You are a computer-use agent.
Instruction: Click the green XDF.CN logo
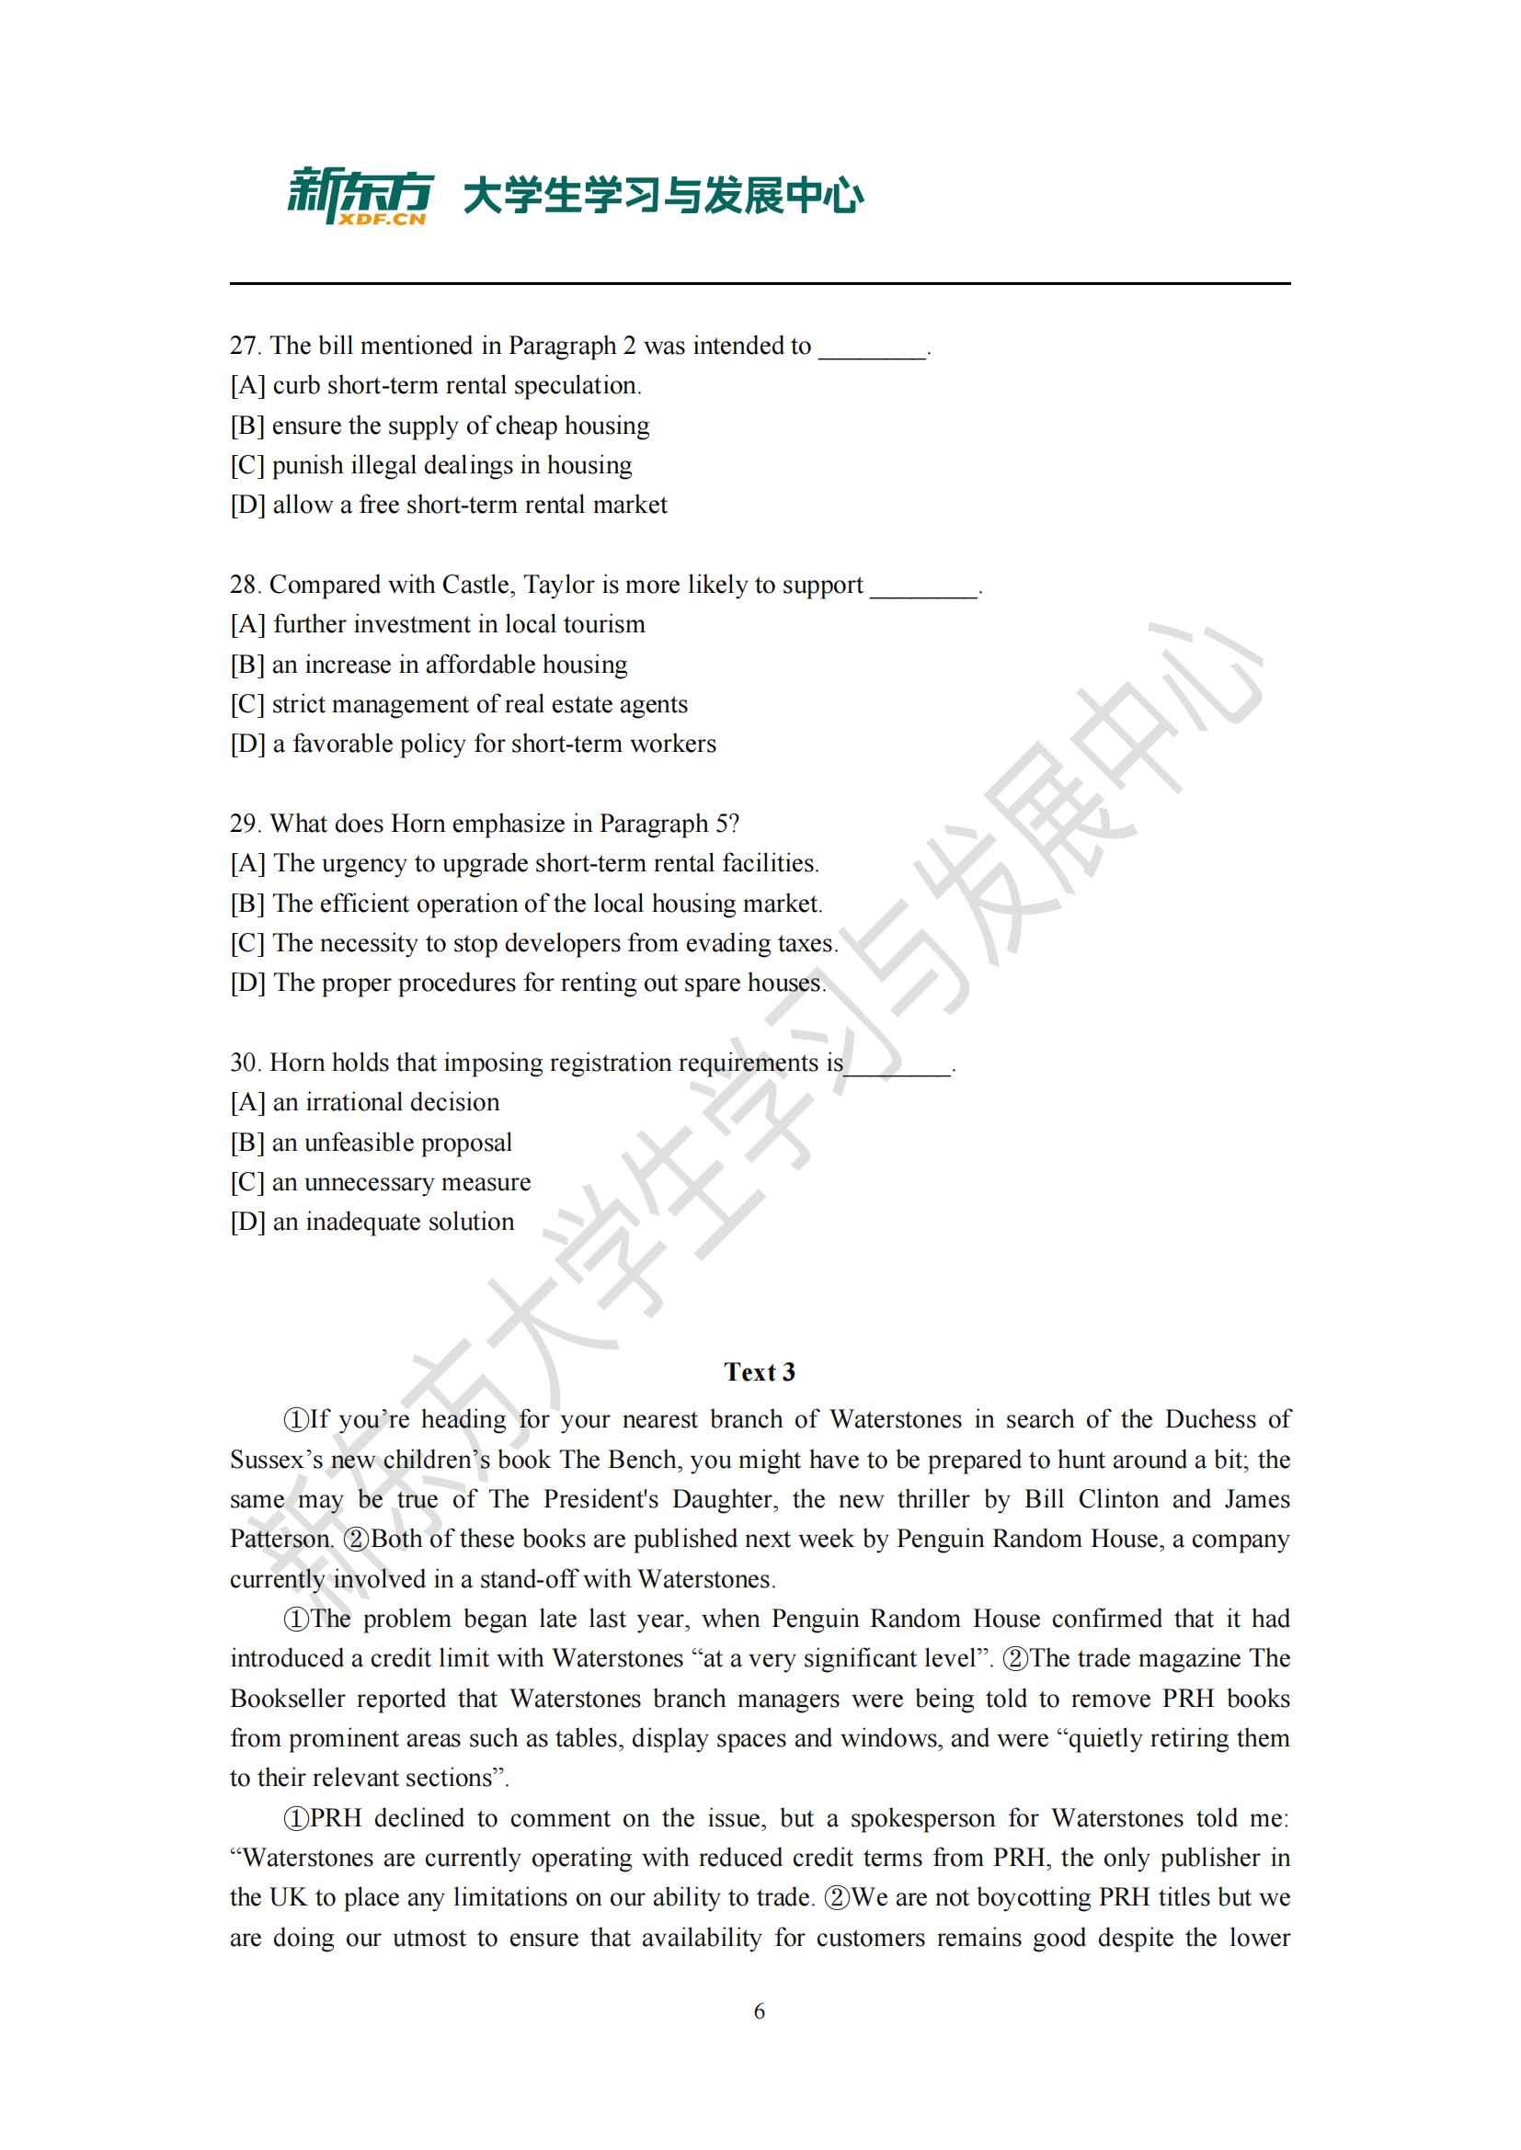click(360, 197)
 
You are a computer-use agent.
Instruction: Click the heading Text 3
click(760, 1371)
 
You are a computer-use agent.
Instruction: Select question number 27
click(244, 347)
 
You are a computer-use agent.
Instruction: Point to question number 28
click(244, 586)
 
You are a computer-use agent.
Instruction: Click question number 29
click(244, 824)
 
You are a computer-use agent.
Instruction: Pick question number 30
click(244, 1063)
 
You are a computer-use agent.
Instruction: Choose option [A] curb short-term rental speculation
click(436, 386)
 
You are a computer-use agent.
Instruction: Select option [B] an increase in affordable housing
click(429, 665)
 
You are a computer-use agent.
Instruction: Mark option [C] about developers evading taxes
click(534, 943)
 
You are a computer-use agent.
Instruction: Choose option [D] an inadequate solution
click(372, 1222)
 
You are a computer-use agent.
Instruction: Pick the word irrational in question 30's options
click(360, 1102)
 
